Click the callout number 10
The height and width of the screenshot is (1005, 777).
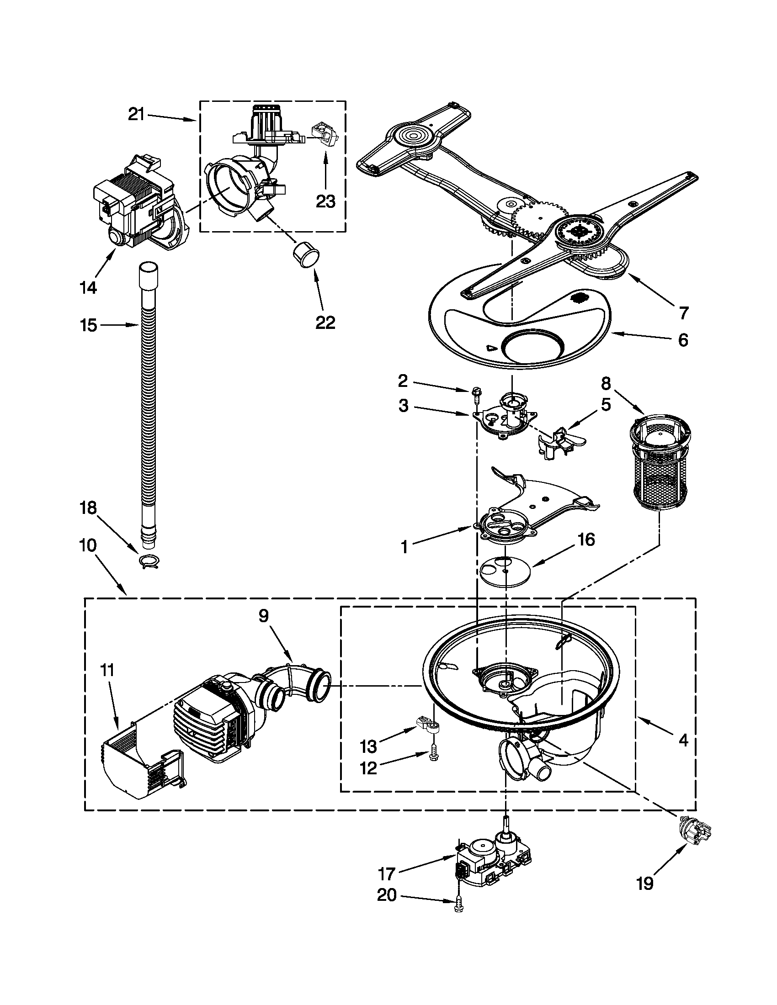click(x=88, y=545)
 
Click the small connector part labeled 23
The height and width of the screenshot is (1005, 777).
click(x=325, y=134)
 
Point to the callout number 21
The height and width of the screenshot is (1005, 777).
click(x=137, y=114)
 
